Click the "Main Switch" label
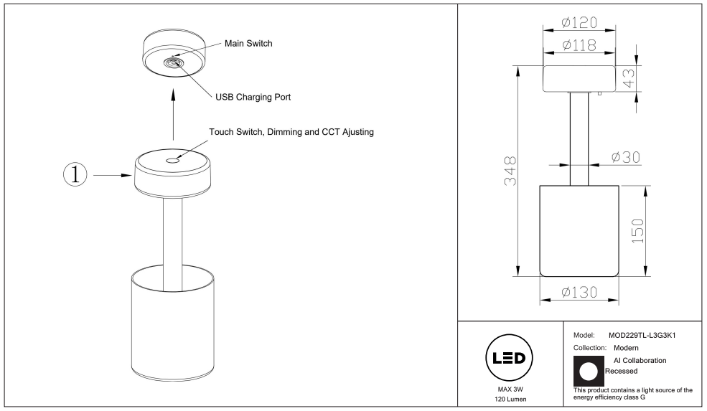[x=248, y=44]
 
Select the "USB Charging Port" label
[x=253, y=98]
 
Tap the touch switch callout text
[x=291, y=132]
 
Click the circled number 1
[x=75, y=174]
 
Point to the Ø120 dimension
[x=579, y=22]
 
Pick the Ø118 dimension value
[x=579, y=45]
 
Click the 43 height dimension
[x=629, y=78]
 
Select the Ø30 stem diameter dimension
[x=626, y=157]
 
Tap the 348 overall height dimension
[x=510, y=171]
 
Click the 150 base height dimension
[x=637, y=231]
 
